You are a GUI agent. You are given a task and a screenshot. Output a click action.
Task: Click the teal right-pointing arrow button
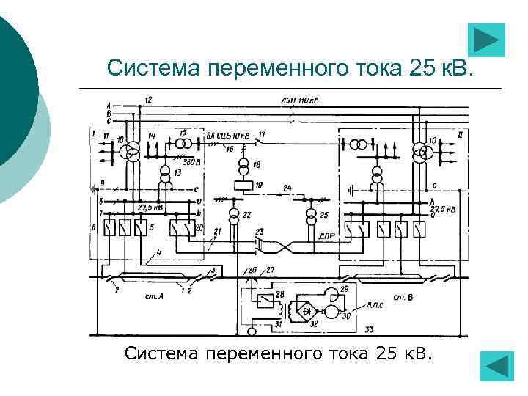click(485, 40)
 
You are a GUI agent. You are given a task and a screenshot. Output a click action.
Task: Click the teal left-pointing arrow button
click(497, 366)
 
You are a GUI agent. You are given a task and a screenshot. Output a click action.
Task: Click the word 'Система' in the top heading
click(153, 68)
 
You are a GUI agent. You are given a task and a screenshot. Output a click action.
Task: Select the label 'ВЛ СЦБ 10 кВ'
click(228, 136)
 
